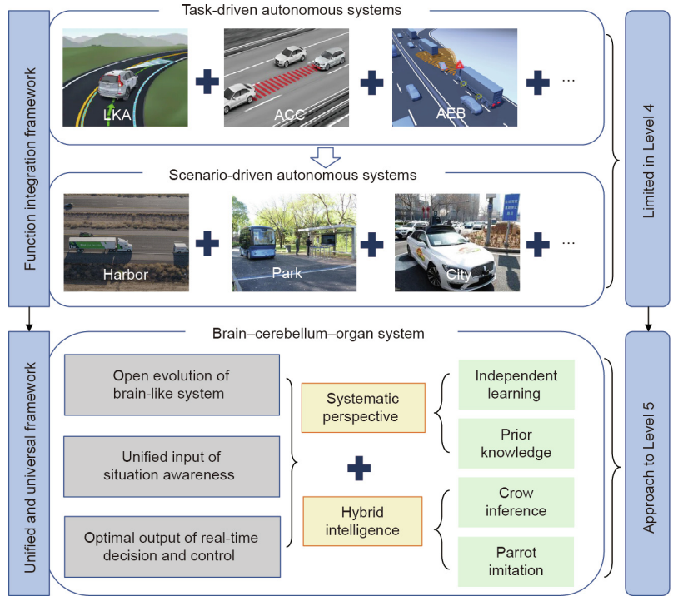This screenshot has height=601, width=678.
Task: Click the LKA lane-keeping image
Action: click(x=126, y=77)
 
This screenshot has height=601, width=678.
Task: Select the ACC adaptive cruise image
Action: click(x=285, y=77)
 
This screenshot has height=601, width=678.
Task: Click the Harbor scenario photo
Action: click(x=126, y=242)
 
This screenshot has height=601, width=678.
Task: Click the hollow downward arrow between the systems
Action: click(x=327, y=156)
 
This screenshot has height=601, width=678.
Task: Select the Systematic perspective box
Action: click(x=362, y=408)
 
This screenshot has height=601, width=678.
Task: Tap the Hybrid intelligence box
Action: click(x=362, y=520)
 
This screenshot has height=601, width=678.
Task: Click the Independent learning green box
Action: click(x=516, y=384)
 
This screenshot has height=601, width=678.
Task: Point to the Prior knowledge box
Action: click(x=516, y=443)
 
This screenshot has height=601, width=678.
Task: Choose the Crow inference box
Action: click(x=516, y=502)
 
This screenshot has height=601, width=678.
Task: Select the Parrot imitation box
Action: click(x=516, y=561)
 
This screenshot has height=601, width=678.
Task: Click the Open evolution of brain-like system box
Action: click(x=172, y=384)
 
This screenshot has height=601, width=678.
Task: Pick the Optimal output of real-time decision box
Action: click(x=172, y=546)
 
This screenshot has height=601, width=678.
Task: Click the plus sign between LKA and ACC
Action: click(x=207, y=82)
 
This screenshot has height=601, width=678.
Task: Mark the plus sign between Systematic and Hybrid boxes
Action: click(x=358, y=468)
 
